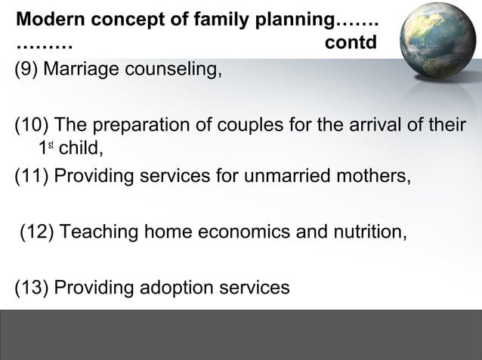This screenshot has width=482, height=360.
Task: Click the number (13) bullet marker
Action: pos(31,288)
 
